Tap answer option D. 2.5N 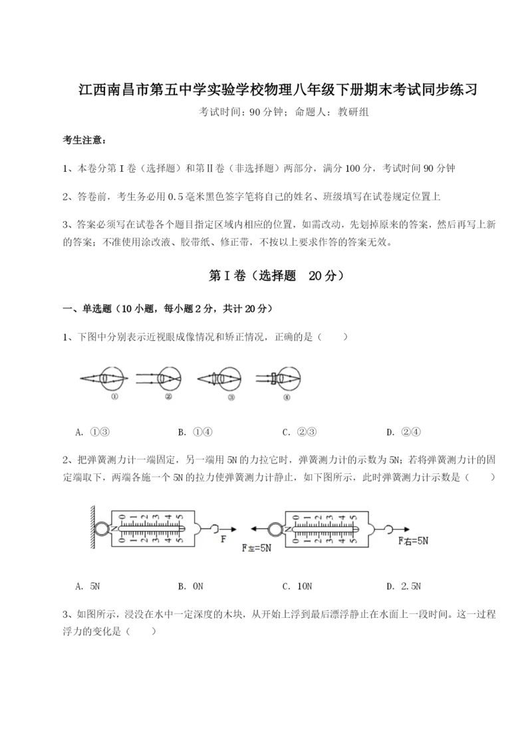tap(404, 587)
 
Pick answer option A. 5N tap(89, 587)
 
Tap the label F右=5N tap(412, 541)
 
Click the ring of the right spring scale tap(274, 530)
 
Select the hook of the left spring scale tap(212, 529)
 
